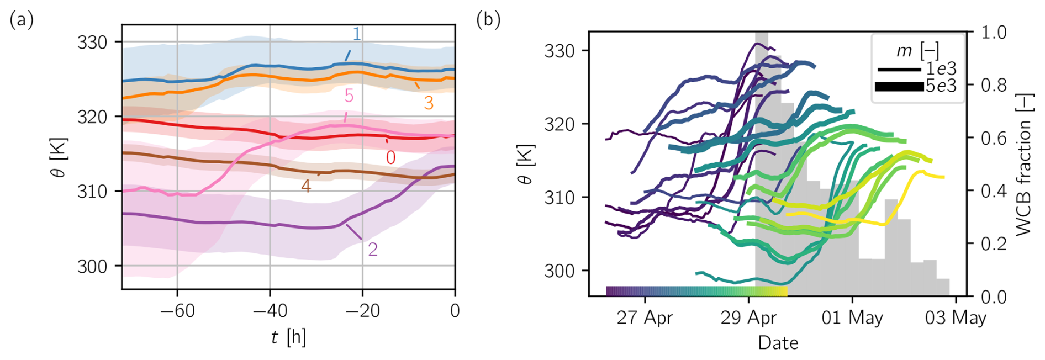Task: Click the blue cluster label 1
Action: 357,34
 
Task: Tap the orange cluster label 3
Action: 429,103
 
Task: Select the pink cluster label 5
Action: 349,96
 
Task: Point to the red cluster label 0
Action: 390,158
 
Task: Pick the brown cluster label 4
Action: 306,186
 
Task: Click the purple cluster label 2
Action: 373,250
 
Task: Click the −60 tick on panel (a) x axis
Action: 177,311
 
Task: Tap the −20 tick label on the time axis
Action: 362,311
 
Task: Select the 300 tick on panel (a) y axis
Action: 92,267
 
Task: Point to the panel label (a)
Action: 22,20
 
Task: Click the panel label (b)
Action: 488,20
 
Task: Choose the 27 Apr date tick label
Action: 645,319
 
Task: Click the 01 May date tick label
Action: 852,319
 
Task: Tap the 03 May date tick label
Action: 956,319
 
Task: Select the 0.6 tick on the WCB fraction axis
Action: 994,138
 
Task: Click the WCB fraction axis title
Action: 1023,165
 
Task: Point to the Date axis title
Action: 778,343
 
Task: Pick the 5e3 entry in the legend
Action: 941,86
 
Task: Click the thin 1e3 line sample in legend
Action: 899,70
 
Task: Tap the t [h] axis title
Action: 288,337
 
